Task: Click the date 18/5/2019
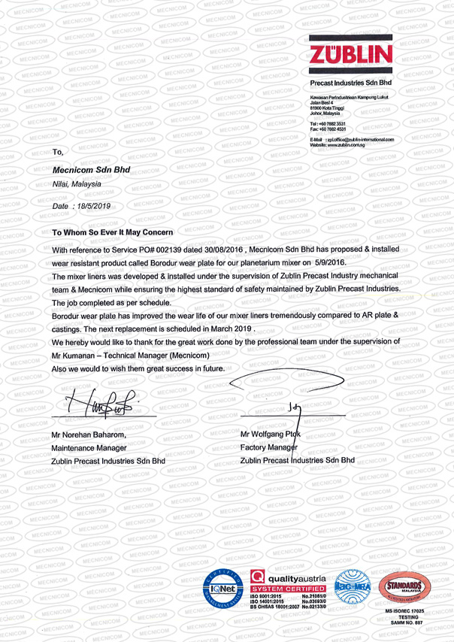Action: (x=91, y=205)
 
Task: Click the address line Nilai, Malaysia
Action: (x=77, y=183)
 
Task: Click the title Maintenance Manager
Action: (x=93, y=447)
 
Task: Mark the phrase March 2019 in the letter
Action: (x=230, y=329)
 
